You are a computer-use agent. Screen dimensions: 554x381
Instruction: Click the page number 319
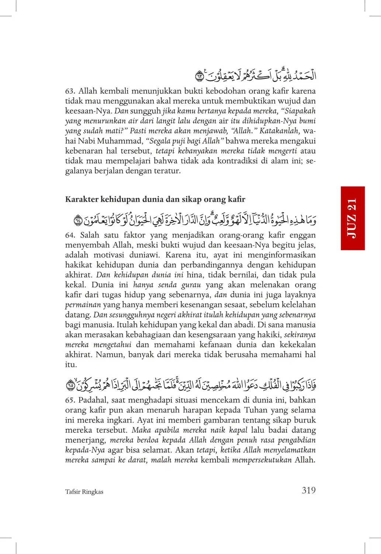[x=308, y=490]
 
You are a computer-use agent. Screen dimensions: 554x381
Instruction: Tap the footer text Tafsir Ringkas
[x=84, y=492]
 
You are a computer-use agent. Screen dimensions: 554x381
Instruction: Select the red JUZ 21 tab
[x=353, y=218]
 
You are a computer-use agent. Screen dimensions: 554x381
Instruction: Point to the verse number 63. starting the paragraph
[x=70, y=91]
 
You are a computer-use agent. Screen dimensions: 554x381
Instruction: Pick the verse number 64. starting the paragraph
[x=70, y=235]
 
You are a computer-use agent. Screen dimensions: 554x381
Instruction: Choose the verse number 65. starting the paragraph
[x=70, y=400]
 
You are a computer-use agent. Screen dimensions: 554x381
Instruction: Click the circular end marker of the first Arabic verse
[x=199, y=77]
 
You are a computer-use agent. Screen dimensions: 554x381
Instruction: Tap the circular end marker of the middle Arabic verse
[x=78, y=221]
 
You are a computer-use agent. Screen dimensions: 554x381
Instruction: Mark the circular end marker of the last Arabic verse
[x=70, y=386]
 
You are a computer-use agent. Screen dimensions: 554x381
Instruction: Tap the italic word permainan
[x=83, y=305]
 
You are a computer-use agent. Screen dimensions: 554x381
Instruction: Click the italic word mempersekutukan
[x=262, y=460]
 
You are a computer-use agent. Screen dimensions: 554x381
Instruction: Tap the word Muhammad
[x=120, y=141]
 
